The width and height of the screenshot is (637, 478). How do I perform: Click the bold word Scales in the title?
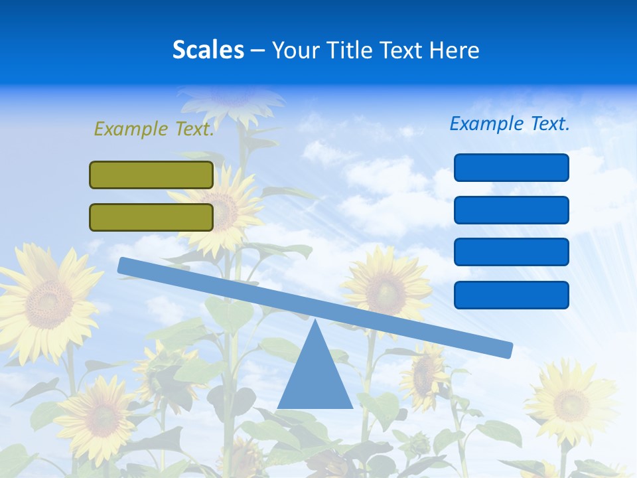[x=208, y=50]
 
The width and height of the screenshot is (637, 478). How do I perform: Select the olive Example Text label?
[x=154, y=129]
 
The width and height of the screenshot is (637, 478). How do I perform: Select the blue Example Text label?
[x=510, y=123]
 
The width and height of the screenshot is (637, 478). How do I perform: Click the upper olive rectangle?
[x=151, y=175]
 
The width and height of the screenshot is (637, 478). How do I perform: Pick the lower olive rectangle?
[x=151, y=217]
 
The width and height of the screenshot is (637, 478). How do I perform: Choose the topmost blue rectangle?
[x=511, y=167]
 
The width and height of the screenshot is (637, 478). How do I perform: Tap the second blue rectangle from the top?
[x=511, y=210]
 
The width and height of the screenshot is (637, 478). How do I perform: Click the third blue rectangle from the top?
[x=511, y=252]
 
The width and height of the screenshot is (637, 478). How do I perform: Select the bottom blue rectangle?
[x=511, y=295]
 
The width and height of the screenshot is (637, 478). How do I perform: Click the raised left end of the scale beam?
[x=126, y=266]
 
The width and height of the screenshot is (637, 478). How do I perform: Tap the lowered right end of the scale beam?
[x=504, y=349]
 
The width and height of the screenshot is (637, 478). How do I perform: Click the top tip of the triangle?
[x=315, y=322]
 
